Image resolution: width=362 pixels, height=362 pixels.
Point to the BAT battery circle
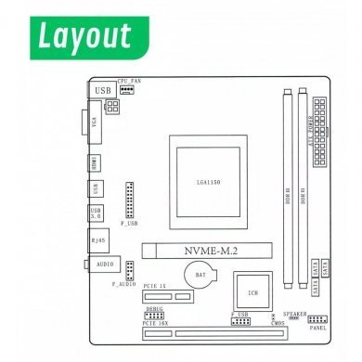[x=200, y=275]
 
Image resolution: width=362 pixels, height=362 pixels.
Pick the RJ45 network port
[x=98, y=239]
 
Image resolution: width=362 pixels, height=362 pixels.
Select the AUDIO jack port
[x=102, y=264]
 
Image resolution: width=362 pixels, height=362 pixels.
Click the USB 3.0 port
[x=96, y=213]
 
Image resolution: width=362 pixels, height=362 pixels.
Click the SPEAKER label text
[x=294, y=315]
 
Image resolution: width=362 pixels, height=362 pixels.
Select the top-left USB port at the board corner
[x=103, y=89]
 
